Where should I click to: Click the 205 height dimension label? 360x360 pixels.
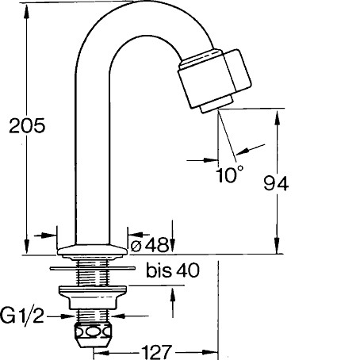(27, 125)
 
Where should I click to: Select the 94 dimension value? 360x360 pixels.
(276, 183)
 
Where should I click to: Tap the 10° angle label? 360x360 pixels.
(229, 174)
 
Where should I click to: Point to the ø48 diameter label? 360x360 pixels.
(150, 245)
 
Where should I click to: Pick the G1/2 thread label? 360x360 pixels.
(21, 316)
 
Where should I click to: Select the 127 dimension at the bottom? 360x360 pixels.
(156, 352)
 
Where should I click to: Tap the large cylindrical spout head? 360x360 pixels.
(214, 79)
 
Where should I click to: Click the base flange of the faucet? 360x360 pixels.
(92, 250)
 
